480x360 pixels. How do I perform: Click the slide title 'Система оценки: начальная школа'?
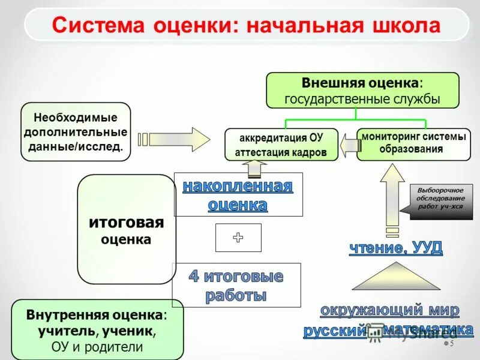coord(246,26)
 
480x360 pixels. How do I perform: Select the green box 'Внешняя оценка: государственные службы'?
coord(362,90)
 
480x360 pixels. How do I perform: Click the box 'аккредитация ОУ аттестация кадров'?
coord(281,145)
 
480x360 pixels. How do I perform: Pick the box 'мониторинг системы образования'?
coord(413,143)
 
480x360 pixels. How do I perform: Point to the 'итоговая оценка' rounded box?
coord(126,230)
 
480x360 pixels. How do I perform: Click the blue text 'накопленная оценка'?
coord(238,195)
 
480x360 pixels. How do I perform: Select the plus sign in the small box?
coord(238,238)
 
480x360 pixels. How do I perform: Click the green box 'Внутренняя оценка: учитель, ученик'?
coord(97,331)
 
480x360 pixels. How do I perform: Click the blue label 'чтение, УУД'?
coord(395,248)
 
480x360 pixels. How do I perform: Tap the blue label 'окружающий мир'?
coord(389,310)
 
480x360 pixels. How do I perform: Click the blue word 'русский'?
coord(334,331)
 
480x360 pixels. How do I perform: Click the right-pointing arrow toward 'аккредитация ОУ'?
coord(174,139)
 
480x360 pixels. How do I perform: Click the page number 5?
coord(451,344)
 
